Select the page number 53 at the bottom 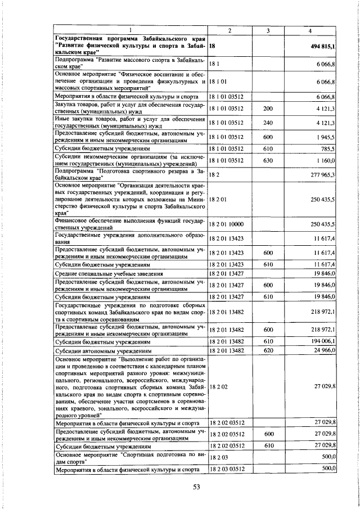(196, 488)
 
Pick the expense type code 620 (268, 350)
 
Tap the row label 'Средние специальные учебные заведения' (108, 273)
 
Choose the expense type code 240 (268, 122)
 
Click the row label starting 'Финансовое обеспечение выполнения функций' (131, 224)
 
